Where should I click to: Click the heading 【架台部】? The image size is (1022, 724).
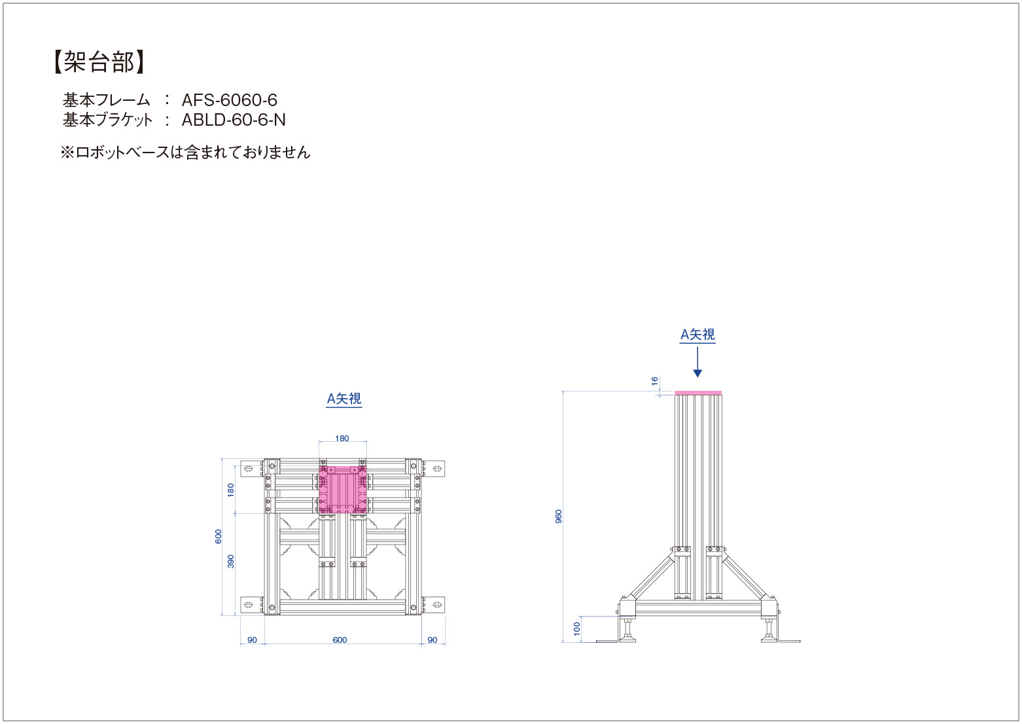click(x=99, y=62)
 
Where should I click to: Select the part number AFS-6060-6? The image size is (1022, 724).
click(x=229, y=100)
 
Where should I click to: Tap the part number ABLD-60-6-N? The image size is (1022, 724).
click(x=234, y=120)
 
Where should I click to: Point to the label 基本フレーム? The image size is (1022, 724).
click(x=107, y=100)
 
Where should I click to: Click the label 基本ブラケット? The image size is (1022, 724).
click(x=108, y=120)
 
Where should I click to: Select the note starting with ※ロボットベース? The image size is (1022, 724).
click(x=186, y=153)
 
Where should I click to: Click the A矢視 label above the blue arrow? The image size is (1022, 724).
click(x=697, y=335)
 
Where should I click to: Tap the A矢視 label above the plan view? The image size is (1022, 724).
click(x=344, y=399)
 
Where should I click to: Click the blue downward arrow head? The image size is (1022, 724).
click(x=697, y=372)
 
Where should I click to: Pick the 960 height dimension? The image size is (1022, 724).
click(x=559, y=516)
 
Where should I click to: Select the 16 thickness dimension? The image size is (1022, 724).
click(x=654, y=380)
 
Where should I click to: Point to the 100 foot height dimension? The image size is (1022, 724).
click(x=577, y=628)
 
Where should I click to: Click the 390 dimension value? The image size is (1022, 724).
click(x=231, y=561)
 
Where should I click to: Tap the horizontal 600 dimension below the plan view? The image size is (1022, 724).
click(x=340, y=640)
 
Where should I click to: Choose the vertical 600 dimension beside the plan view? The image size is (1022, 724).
click(x=219, y=536)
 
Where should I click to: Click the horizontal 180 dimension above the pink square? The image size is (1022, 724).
click(x=342, y=439)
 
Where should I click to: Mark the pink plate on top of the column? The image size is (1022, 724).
click(x=698, y=393)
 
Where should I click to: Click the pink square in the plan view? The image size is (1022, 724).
click(x=343, y=490)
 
